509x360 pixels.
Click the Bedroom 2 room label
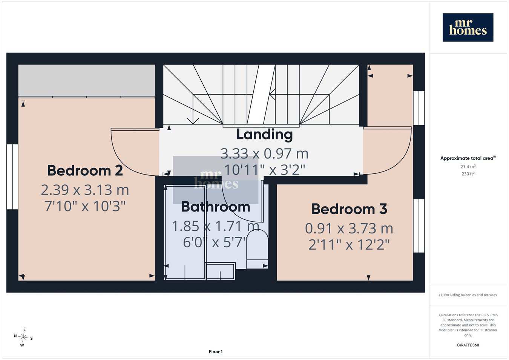[85, 170]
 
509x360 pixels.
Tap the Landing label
[265, 135]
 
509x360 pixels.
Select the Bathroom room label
[216, 207]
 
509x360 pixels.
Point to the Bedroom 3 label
[349, 209]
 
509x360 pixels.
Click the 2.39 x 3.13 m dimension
[85, 190]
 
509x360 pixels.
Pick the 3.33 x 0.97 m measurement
[265, 154]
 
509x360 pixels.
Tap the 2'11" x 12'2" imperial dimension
[349, 245]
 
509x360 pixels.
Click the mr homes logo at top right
[468, 28]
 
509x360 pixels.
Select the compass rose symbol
[23, 337]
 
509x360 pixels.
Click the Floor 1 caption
[216, 352]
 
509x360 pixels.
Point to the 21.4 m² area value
[468, 167]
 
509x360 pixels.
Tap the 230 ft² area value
[468, 174]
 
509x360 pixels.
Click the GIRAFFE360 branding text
[468, 345]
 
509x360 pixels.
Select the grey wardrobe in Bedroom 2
[87, 80]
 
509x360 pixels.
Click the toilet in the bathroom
[258, 250]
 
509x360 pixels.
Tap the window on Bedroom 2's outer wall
[12, 177]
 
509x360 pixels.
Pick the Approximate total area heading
[468, 158]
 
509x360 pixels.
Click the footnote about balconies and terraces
[468, 295]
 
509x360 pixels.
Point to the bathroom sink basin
[220, 271]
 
